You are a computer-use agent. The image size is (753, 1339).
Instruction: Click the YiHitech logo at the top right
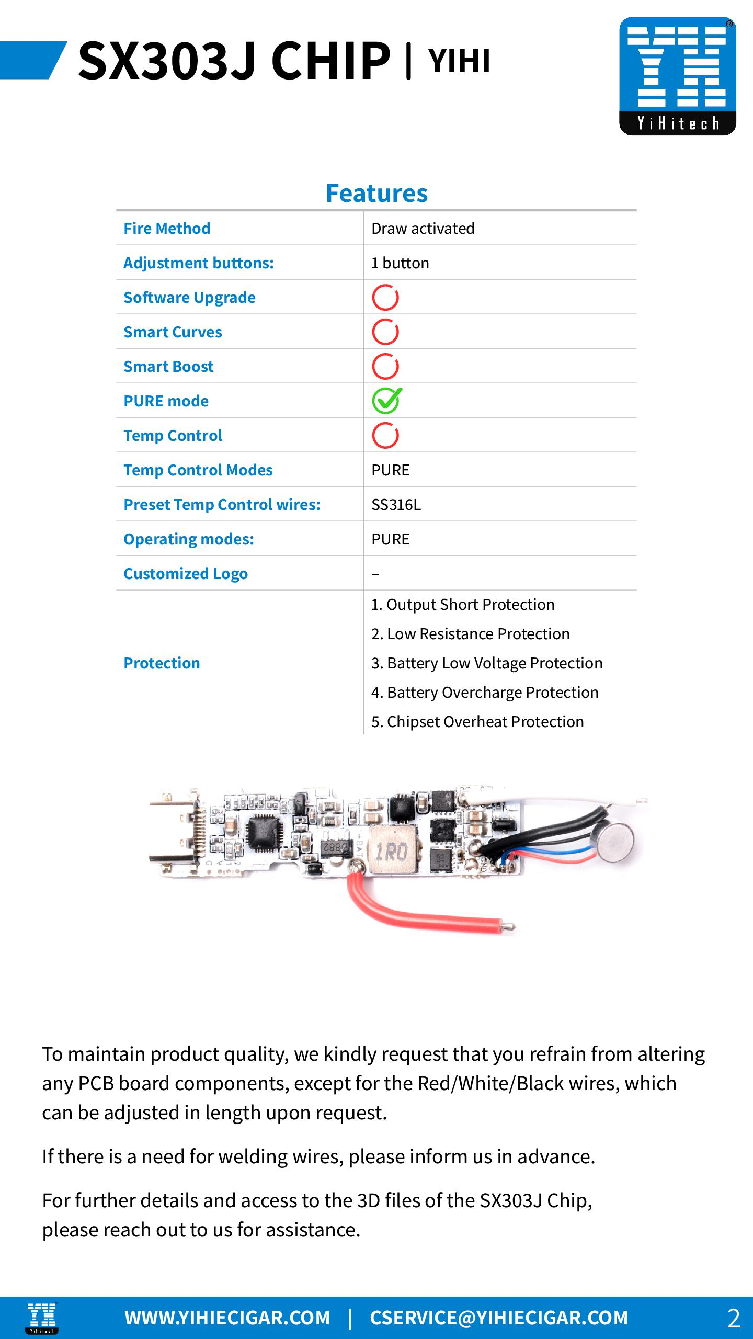[677, 76]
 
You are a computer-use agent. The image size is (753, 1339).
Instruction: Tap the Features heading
[376, 193]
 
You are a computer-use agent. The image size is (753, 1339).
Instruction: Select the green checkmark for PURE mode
[386, 401]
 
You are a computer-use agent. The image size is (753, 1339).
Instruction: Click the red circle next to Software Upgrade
[385, 298]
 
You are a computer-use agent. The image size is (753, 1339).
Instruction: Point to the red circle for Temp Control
[385, 436]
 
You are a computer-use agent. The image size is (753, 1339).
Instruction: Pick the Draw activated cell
[423, 229]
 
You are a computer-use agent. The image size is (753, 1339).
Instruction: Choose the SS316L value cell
[396, 505]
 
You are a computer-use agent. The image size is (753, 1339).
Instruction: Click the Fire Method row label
[167, 229]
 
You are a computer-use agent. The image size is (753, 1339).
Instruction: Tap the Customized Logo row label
[185, 574]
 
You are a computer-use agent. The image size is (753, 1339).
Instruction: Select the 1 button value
[400, 263]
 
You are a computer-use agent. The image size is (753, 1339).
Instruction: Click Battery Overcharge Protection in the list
[485, 693]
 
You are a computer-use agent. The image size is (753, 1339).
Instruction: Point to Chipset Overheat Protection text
[477, 722]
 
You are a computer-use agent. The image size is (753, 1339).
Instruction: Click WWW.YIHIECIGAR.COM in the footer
[227, 1318]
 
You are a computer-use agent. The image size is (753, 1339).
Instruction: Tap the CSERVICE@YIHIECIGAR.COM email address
[499, 1318]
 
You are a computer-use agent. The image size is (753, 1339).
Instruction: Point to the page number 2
[733, 1318]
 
